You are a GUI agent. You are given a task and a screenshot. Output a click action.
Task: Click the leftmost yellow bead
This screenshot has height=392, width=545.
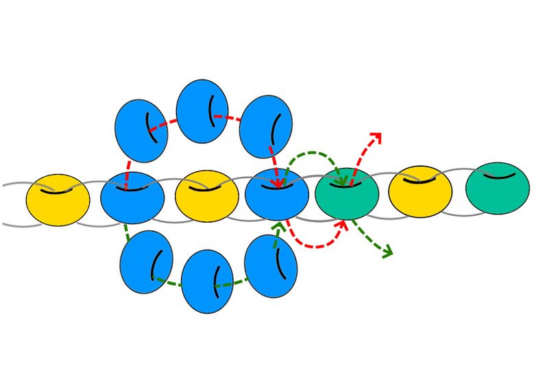coord(58,201)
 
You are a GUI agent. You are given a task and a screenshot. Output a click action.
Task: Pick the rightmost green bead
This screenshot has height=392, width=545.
coord(497,188)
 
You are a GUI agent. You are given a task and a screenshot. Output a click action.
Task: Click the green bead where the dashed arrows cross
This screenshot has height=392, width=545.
coord(347,193)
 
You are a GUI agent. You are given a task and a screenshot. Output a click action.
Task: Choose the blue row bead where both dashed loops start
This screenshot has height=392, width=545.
coord(132,198)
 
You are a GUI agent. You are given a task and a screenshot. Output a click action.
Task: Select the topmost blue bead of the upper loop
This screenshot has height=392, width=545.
coord(202,111)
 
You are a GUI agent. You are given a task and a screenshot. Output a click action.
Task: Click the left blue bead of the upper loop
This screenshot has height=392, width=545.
coord(141,130)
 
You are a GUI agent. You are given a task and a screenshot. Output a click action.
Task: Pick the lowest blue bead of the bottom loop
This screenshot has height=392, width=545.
coord(207,282)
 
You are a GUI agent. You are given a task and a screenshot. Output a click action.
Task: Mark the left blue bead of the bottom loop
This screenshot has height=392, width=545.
coord(146,262)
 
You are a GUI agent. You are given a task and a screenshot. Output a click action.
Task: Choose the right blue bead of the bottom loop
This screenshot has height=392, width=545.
coord(271,267)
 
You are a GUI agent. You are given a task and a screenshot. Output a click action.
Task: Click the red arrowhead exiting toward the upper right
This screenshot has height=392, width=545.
coord(376,135)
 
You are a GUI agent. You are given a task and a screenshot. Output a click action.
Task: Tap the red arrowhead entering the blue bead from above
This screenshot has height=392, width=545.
coord(277,183)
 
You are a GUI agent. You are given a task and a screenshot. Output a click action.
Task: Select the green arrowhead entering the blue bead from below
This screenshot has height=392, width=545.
coord(278,225)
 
